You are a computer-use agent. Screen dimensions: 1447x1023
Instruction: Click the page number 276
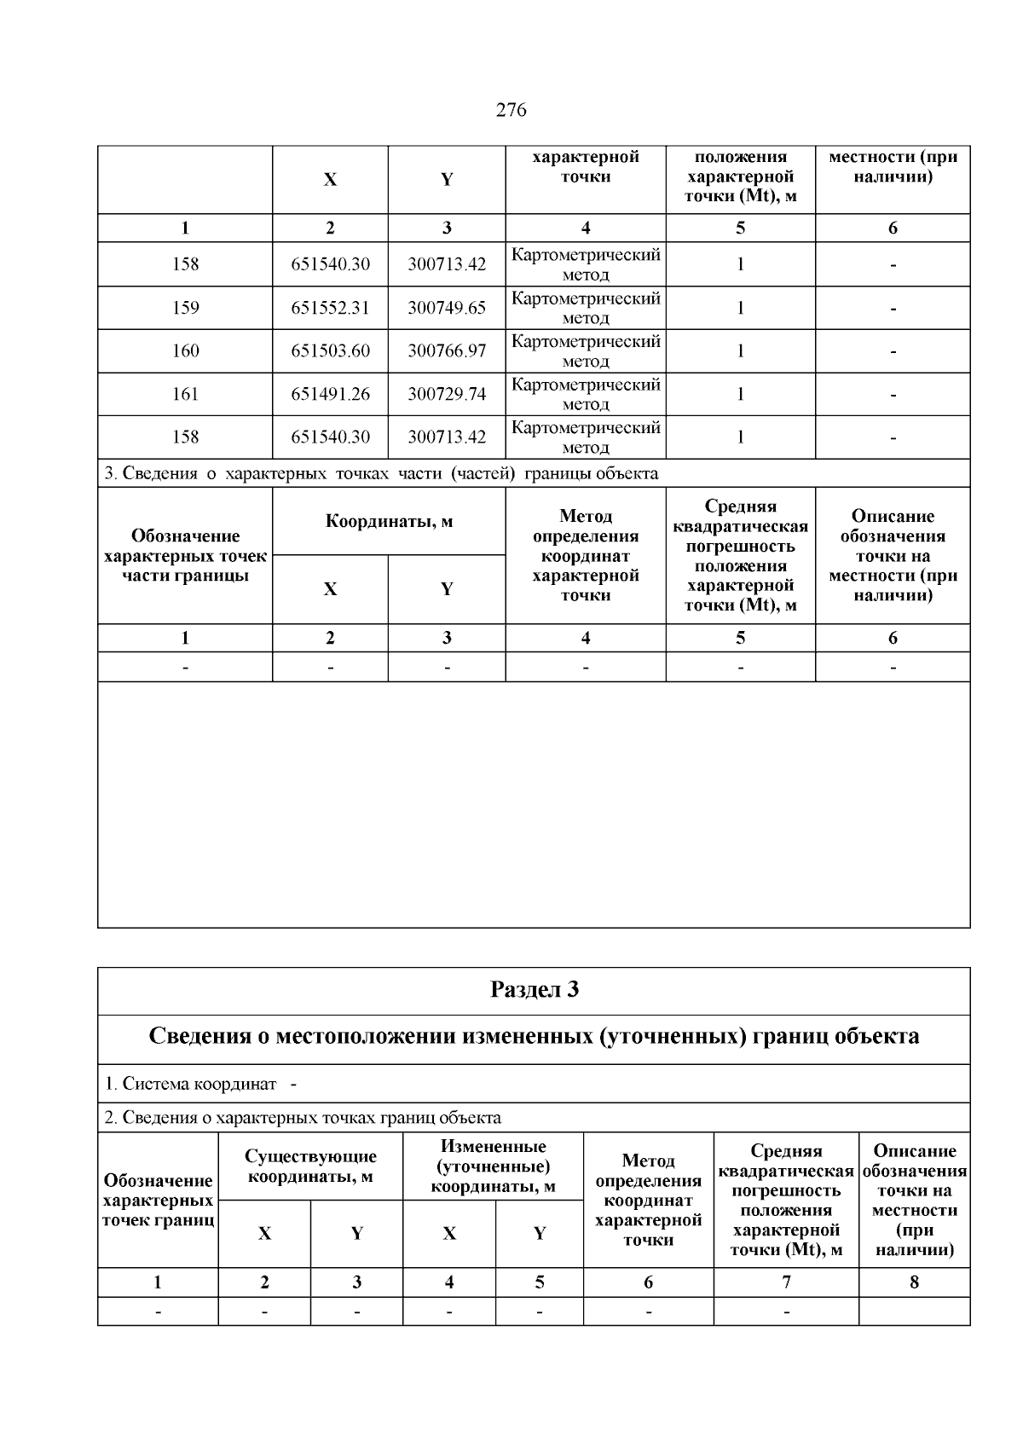[x=511, y=110]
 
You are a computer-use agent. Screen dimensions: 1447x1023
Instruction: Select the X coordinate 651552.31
[x=330, y=308]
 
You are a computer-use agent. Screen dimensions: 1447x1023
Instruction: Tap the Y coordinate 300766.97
[x=447, y=351]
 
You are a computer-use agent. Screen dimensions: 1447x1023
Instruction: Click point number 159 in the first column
[x=185, y=308]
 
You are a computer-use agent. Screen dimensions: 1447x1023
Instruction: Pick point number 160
[x=185, y=351]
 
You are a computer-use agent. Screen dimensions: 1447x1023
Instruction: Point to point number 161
[x=185, y=394]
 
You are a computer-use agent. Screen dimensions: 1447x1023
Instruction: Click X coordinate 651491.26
[x=330, y=394]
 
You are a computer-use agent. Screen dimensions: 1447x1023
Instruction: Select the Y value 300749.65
[x=447, y=308]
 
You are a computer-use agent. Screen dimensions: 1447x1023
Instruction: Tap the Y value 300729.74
[x=447, y=394]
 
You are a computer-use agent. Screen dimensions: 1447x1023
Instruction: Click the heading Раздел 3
[x=535, y=990]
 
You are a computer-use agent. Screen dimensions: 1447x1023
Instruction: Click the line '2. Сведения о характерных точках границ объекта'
[x=303, y=1117]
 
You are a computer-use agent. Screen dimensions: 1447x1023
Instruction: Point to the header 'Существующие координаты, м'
[x=310, y=1166]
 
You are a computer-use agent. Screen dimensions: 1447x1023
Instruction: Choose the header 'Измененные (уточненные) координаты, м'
[x=493, y=1166]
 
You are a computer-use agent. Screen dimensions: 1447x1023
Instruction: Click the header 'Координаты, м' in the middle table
[x=389, y=521]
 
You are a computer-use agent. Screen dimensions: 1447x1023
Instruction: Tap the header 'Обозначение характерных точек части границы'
[x=185, y=555]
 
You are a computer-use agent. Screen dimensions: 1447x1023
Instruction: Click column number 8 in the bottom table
[x=914, y=1282]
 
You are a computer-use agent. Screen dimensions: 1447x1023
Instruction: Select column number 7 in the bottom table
[x=786, y=1282]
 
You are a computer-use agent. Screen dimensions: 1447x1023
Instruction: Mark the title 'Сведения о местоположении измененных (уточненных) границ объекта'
[x=535, y=1037]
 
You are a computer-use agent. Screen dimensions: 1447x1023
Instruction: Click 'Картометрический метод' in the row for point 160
[x=586, y=351]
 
